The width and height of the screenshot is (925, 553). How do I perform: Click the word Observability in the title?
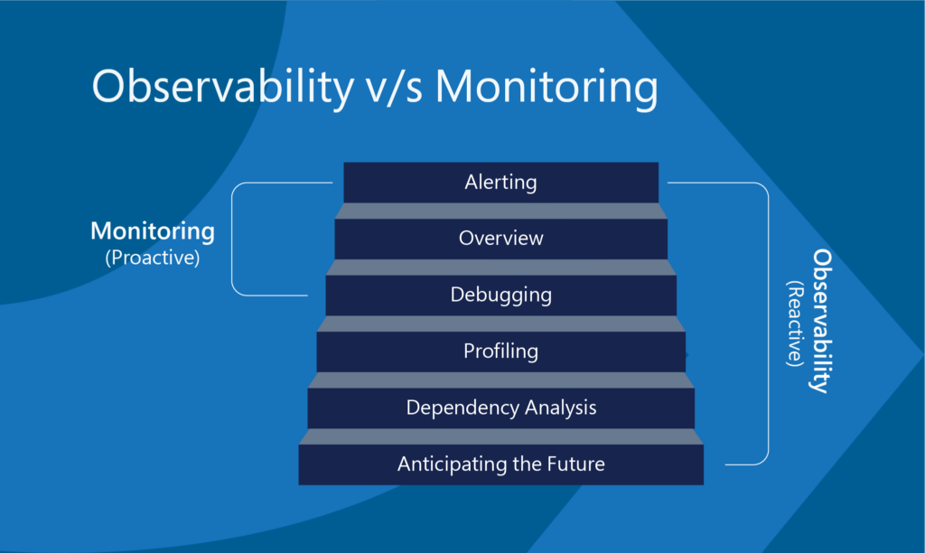(223, 88)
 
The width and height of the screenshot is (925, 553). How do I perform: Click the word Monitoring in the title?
(547, 88)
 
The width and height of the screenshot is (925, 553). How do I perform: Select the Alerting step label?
(500, 183)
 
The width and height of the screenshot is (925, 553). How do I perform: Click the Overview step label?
(500, 238)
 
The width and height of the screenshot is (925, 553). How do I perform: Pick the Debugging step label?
(500, 295)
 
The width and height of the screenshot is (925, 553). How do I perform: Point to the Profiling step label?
(500, 351)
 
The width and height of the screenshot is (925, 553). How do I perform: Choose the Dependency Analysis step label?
(500, 408)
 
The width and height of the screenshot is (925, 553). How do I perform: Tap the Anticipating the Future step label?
(500, 464)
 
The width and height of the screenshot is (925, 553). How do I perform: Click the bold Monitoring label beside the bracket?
(152, 231)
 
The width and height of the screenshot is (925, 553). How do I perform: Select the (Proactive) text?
(152, 258)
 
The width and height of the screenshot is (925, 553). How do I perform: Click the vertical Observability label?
(821, 321)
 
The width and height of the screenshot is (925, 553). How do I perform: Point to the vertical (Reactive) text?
(795, 323)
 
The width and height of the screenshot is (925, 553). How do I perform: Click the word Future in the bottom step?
(575, 464)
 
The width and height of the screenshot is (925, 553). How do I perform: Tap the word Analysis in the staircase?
(560, 408)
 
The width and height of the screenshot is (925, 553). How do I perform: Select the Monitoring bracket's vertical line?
(232, 239)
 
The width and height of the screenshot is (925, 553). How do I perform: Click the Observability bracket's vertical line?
(768, 323)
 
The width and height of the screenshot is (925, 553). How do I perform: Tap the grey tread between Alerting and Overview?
(500, 211)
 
